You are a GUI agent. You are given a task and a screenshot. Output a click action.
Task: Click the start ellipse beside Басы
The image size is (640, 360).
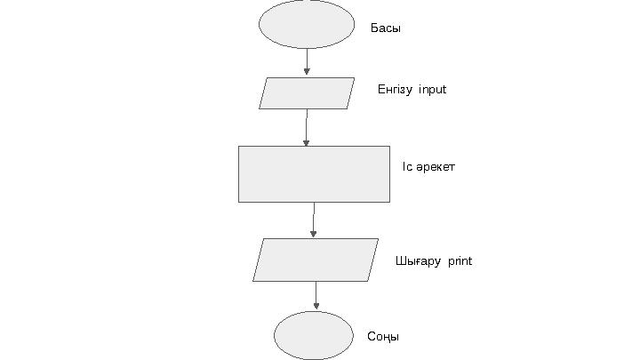(x=307, y=24)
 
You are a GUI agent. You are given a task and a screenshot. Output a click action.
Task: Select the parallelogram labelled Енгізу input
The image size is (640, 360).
(x=307, y=92)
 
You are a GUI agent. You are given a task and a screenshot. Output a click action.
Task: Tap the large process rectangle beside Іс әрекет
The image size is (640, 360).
(x=314, y=174)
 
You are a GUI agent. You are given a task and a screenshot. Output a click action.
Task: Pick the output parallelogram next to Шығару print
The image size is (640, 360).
(x=316, y=260)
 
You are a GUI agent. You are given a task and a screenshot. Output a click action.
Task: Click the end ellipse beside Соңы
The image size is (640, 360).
(x=314, y=335)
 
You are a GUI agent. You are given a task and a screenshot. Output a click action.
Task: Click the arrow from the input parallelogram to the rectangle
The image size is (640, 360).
(x=307, y=126)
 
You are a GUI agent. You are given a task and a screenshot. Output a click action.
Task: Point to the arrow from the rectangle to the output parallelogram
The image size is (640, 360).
(x=314, y=220)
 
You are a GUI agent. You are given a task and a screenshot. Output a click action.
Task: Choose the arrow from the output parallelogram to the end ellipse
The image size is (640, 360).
(x=316, y=295)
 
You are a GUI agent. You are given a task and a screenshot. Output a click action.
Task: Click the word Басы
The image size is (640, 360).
(x=386, y=28)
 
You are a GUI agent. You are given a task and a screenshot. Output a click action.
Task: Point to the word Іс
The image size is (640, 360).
(x=406, y=166)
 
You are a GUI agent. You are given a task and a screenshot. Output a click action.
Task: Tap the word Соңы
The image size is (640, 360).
(x=383, y=337)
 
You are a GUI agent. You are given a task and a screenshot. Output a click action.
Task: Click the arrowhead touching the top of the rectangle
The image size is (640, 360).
(x=306, y=141)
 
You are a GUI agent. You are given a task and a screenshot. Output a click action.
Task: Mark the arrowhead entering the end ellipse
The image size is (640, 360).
(x=316, y=306)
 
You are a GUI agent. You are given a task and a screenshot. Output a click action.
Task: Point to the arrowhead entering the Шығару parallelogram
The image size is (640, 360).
(x=314, y=234)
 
